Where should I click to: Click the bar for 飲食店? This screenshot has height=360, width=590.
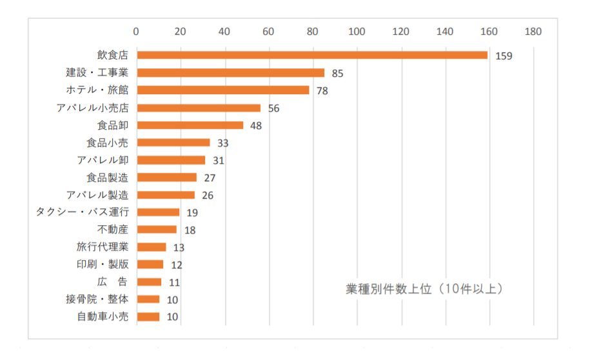[x=312, y=55]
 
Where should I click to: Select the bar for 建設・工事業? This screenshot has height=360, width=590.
[x=231, y=73]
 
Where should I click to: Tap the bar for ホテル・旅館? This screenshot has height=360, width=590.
[x=223, y=90]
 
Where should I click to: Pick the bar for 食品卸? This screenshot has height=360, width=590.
[x=190, y=125]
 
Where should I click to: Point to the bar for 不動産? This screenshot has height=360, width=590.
[x=157, y=230]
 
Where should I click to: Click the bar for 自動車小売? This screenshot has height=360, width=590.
[x=148, y=317]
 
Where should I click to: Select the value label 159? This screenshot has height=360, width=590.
[x=504, y=56]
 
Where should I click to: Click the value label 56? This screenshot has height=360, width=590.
[x=273, y=108]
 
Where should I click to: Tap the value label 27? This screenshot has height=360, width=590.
[x=210, y=178]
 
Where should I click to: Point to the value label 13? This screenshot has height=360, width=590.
[x=179, y=248]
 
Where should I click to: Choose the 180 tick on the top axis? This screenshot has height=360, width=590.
[x=533, y=31]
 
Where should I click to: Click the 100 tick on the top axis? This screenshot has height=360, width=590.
[x=357, y=31]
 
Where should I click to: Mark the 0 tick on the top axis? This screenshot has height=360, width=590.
[x=136, y=31]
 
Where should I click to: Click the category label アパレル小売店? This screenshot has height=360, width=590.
[x=92, y=108]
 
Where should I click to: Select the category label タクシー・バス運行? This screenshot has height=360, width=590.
[x=83, y=212]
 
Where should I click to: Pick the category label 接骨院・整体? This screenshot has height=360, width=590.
[x=97, y=299]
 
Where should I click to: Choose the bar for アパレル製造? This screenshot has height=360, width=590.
[x=166, y=195]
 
